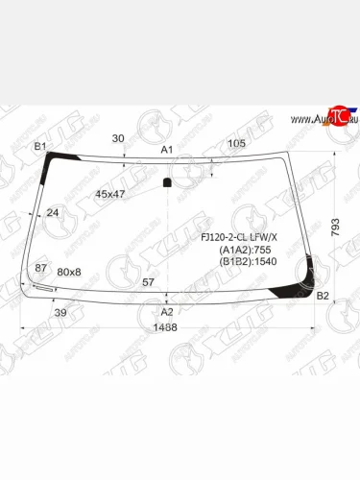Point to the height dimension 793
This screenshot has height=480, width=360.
tap(336, 227)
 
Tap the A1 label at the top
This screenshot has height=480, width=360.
tap(166, 149)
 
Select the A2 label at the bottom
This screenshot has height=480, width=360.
tap(166, 311)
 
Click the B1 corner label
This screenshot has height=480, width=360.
tap(40, 146)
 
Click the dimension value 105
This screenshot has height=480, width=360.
tap(236, 143)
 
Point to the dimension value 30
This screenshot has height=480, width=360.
tap(118, 139)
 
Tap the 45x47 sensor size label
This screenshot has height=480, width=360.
tap(110, 193)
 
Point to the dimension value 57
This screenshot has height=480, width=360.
tap(148, 282)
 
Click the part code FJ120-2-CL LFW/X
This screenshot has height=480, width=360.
tap(238, 237)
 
